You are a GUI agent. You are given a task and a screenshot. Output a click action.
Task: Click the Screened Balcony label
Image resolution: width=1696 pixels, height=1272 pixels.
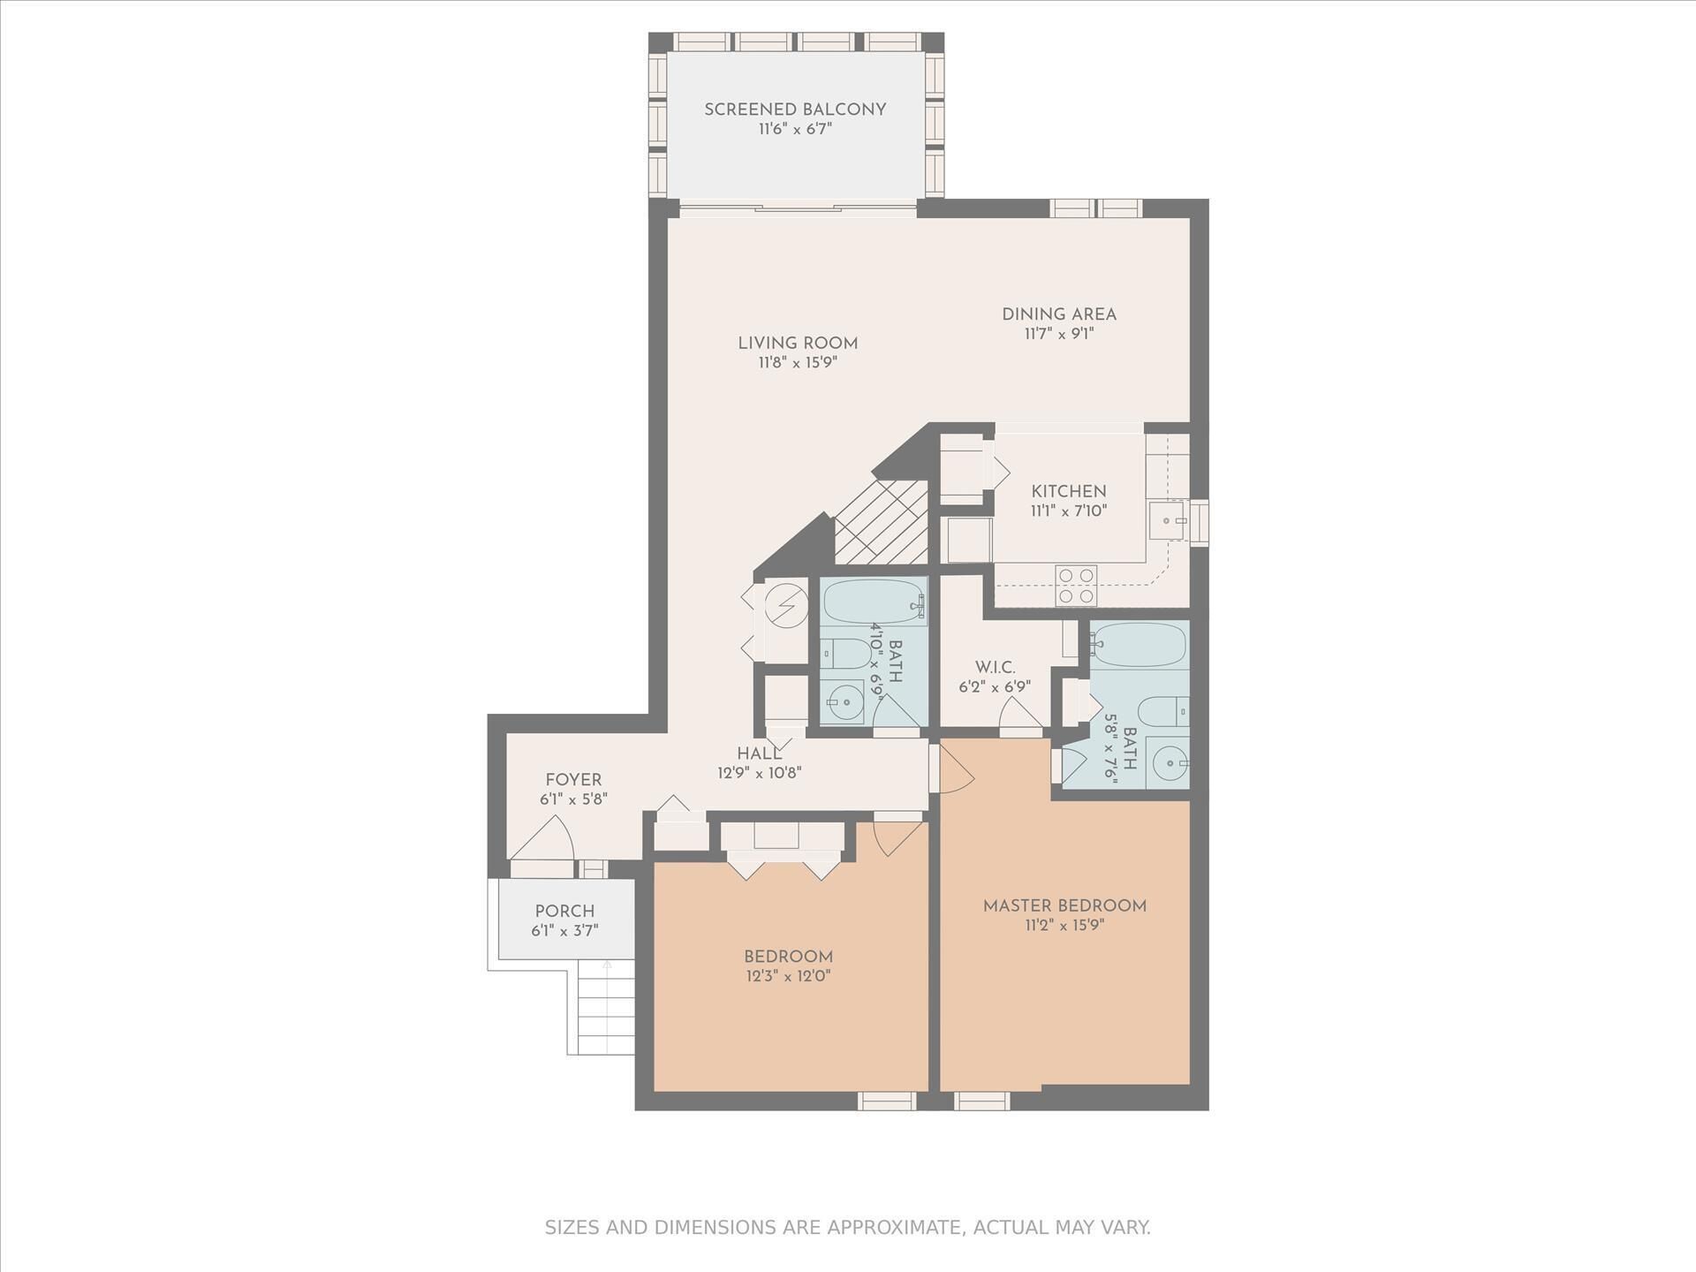795,110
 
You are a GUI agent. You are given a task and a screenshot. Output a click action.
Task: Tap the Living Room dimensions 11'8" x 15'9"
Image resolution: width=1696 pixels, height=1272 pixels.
798,362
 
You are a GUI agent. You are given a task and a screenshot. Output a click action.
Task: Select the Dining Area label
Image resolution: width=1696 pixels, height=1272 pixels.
1059,314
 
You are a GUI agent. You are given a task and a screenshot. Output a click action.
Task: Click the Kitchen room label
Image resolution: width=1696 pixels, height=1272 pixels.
1069,491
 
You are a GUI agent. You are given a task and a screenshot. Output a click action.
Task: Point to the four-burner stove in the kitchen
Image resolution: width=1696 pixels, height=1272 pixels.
1077,586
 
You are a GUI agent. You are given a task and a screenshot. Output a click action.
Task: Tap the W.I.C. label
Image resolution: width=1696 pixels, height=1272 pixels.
995,667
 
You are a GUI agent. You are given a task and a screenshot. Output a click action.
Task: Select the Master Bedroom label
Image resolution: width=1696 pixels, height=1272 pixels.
1064,905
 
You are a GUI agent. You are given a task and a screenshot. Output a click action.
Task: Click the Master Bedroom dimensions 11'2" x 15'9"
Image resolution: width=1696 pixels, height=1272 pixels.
1064,926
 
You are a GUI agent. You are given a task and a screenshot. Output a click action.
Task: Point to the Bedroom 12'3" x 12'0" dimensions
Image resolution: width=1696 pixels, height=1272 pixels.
788,976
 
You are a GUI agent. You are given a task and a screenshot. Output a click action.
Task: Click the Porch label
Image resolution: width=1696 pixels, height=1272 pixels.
564,911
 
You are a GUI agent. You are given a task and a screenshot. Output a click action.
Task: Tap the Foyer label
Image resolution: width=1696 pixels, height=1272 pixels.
573,780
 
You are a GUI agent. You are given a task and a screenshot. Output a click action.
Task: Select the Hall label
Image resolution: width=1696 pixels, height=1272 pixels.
760,753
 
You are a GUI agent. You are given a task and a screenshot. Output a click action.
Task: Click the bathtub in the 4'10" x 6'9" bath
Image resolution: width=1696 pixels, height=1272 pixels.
874,602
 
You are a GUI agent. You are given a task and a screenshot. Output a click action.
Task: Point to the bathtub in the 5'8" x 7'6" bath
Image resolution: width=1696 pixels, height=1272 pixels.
1139,645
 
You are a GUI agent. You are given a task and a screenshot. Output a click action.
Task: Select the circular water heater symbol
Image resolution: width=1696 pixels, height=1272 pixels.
786,605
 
